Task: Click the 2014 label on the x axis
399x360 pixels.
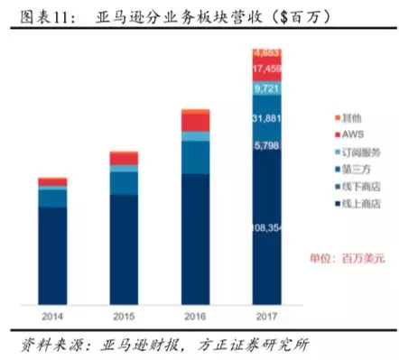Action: (52, 316)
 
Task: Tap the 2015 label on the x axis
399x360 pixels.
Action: (125, 316)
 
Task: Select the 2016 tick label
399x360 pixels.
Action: (196, 316)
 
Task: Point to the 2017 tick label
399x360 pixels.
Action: (267, 316)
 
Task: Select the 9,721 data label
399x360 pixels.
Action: (267, 88)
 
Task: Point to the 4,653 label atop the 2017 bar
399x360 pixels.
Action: (267, 52)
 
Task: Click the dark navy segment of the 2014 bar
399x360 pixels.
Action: (52, 257)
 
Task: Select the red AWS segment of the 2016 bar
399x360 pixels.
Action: (196, 121)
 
